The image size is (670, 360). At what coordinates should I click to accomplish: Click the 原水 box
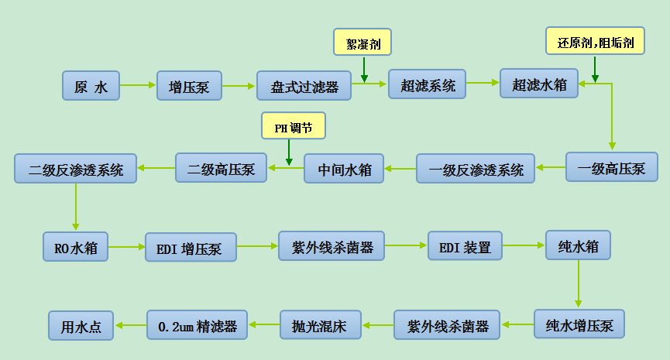(91, 86)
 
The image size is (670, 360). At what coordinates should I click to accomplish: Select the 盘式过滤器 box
(304, 86)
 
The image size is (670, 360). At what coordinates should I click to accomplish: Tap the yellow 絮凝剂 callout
(362, 42)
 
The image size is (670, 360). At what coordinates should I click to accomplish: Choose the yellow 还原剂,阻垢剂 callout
(595, 41)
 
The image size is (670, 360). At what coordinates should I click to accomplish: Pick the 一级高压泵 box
(611, 167)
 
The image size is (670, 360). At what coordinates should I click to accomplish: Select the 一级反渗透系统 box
(476, 169)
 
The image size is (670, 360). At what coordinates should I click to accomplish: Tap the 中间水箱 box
(343, 169)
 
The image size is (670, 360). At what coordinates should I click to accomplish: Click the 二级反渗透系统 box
(75, 169)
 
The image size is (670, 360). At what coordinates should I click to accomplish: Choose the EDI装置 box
(465, 246)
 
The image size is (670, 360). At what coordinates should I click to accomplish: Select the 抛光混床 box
(320, 324)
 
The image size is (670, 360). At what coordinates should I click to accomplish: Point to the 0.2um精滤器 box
(197, 324)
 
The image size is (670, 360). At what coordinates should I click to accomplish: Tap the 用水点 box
(81, 325)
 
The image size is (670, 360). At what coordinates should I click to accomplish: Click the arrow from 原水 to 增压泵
(138, 85)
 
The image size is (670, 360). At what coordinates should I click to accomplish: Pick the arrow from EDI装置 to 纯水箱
(524, 245)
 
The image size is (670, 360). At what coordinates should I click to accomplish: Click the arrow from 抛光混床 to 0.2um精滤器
(263, 324)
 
